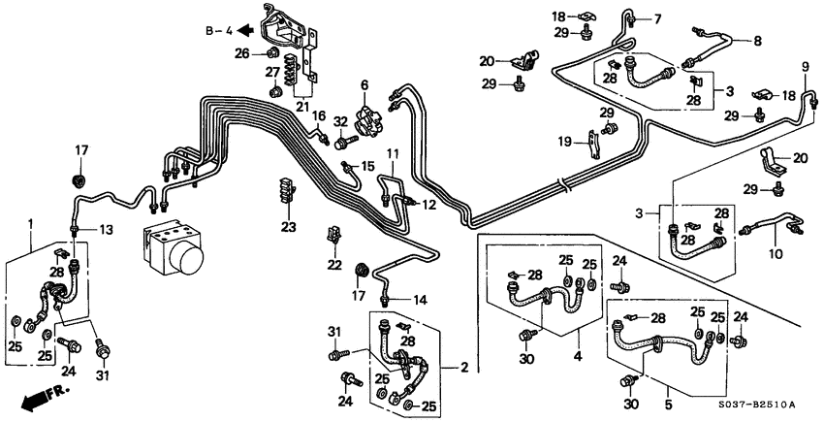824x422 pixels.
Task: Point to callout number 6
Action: tap(364, 85)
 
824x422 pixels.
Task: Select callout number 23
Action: tap(287, 227)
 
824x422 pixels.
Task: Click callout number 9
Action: tap(805, 66)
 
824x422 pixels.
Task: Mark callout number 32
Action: tap(339, 122)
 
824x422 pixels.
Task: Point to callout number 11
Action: tap(393, 154)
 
